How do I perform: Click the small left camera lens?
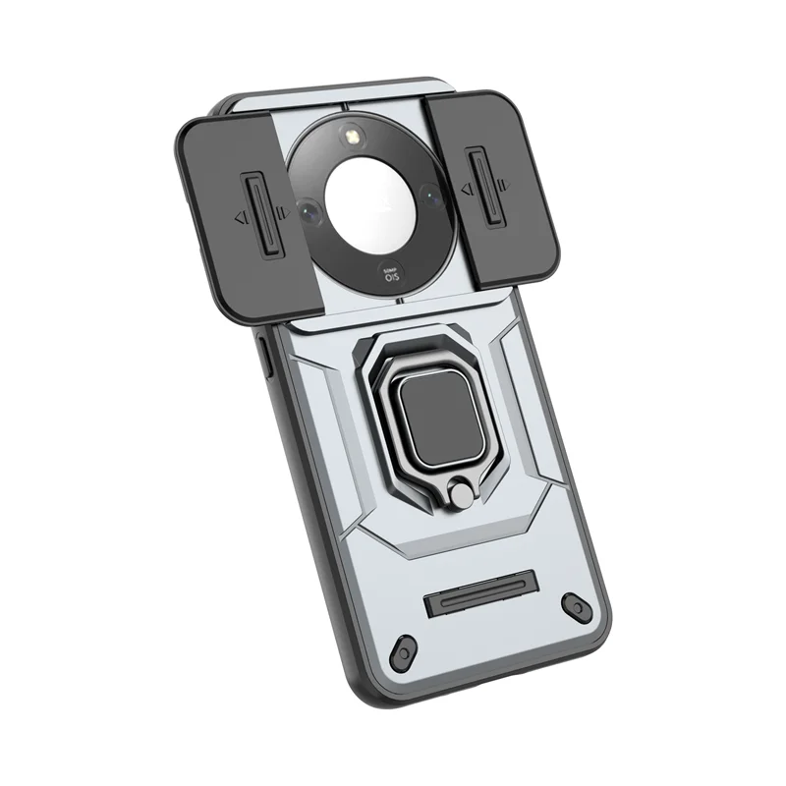click(x=308, y=210)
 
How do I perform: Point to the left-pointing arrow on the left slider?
click(x=238, y=219)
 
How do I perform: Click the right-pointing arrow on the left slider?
click(x=283, y=210)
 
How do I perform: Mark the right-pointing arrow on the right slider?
click(x=504, y=183)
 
